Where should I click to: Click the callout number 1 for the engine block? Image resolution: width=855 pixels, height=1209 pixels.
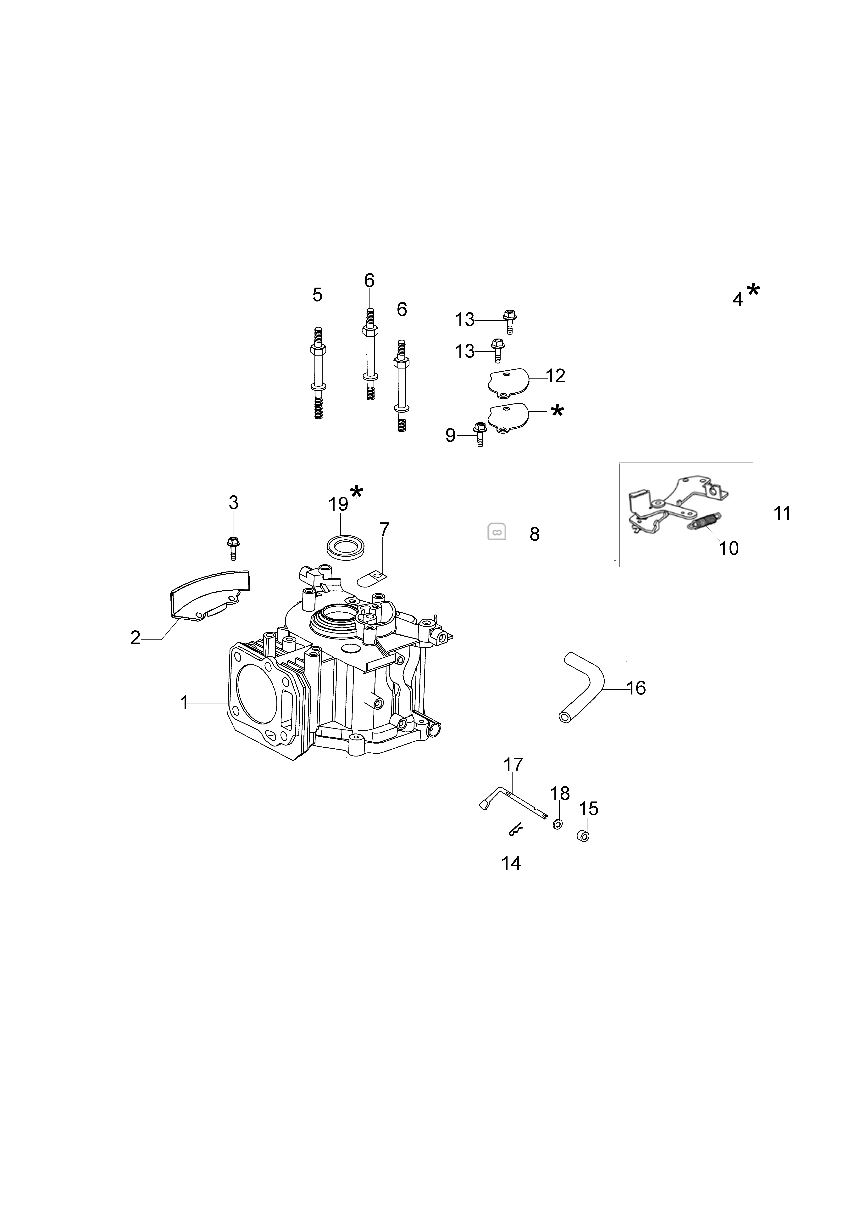click(184, 702)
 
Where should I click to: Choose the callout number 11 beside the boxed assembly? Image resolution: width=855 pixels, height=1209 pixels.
click(782, 513)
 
